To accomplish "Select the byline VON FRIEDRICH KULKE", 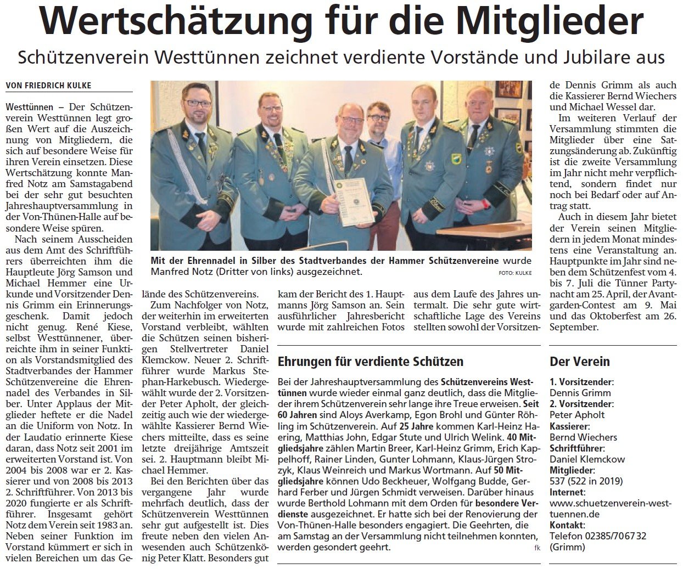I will coord(48,85).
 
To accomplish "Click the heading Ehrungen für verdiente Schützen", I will coord(371,362).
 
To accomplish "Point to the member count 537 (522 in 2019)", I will coord(586,481).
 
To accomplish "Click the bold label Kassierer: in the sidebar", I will coord(570,426).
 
